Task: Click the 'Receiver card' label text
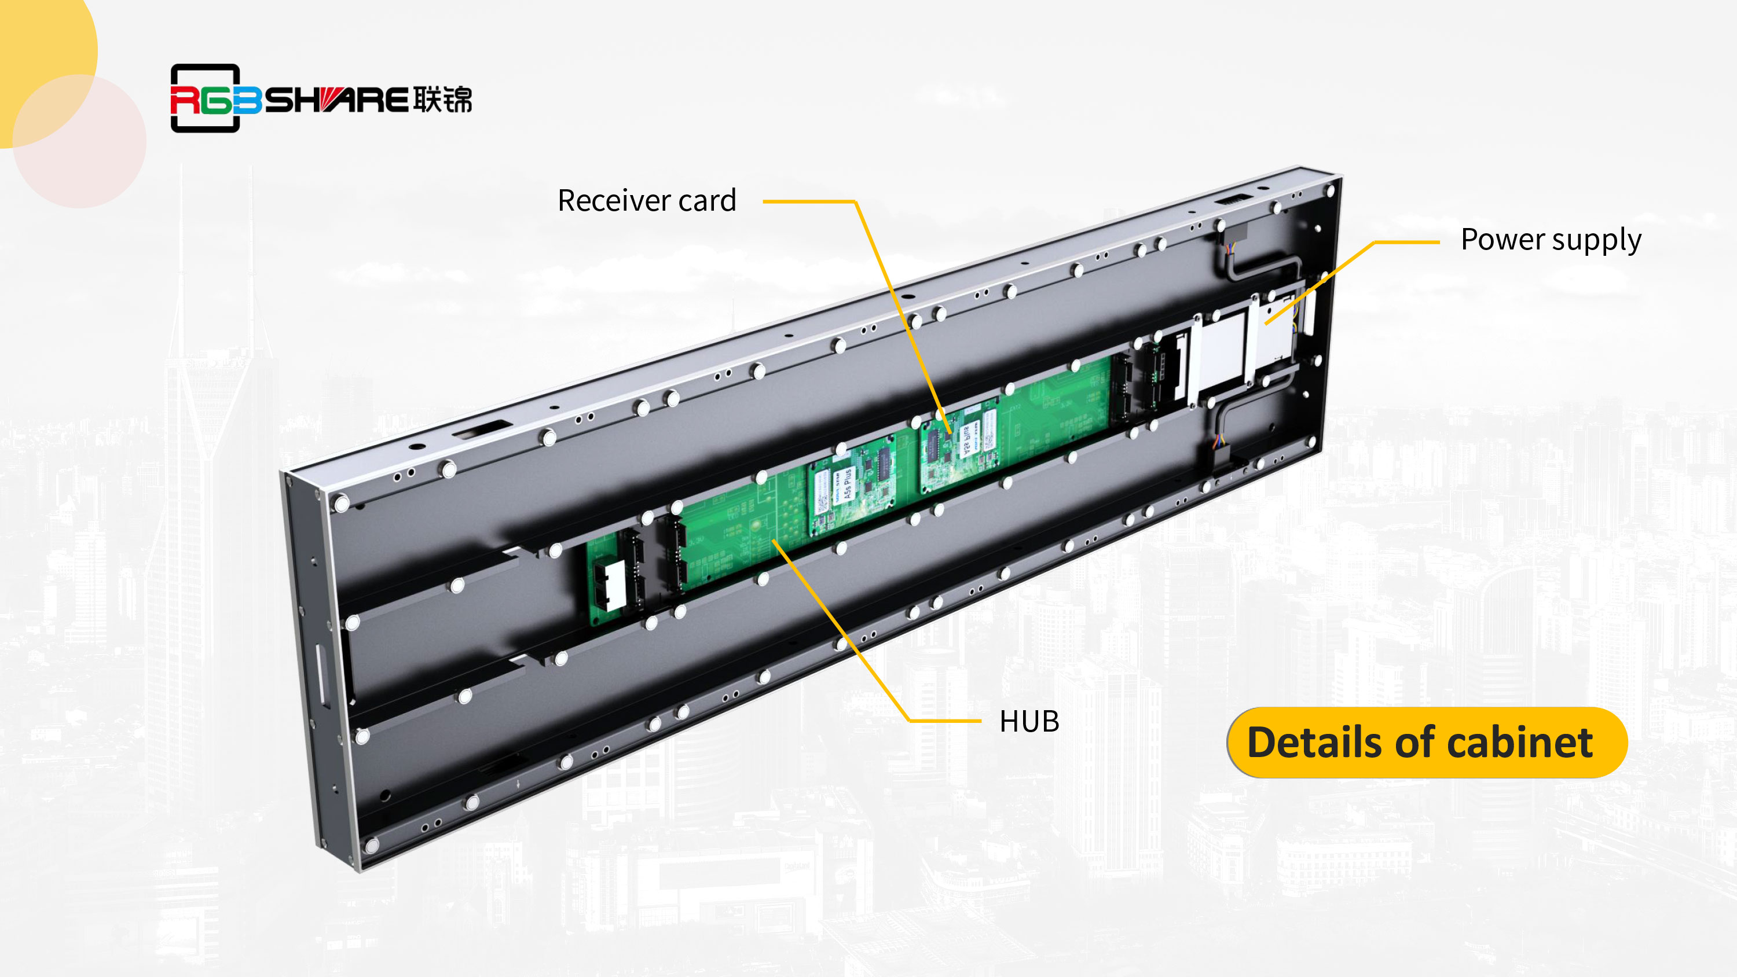pyautogui.click(x=646, y=200)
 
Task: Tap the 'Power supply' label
pyautogui.click(x=1550, y=240)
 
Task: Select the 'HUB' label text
pyautogui.click(x=1029, y=721)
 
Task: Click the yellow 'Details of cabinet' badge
pyautogui.click(x=1426, y=743)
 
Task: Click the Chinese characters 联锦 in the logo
pyautogui.click(x=442, y=100)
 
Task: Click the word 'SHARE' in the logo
pyautogui.click(x=336, y=101)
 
